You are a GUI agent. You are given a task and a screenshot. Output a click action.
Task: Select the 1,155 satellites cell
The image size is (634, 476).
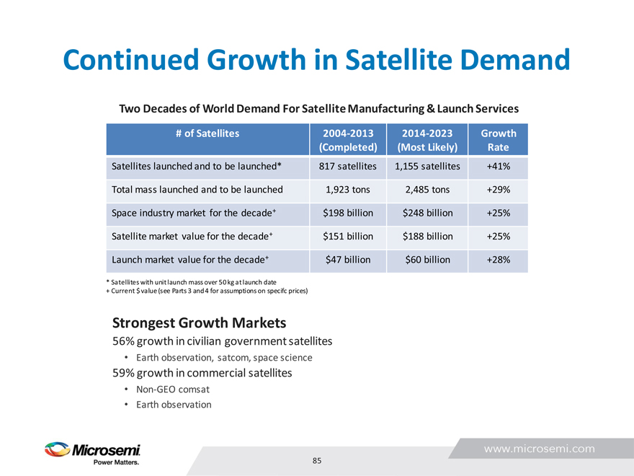(427, 167)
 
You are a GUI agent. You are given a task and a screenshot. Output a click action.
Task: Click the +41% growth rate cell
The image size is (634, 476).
(499, 167)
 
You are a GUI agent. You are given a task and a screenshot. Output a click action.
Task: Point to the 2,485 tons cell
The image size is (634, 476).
(427, 190)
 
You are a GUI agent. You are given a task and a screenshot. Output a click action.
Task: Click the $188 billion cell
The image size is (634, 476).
(427, 236)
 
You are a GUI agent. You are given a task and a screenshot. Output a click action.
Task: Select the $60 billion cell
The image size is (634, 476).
(427, 259)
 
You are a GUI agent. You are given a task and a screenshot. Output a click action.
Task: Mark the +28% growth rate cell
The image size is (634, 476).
(499, 259)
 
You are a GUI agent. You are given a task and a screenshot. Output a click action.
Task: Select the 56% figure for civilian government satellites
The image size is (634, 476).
(122, 340)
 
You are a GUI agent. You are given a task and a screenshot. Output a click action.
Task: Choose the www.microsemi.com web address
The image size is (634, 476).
(539, 449)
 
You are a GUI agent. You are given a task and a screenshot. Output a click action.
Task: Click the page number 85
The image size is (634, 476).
(317, 460)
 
